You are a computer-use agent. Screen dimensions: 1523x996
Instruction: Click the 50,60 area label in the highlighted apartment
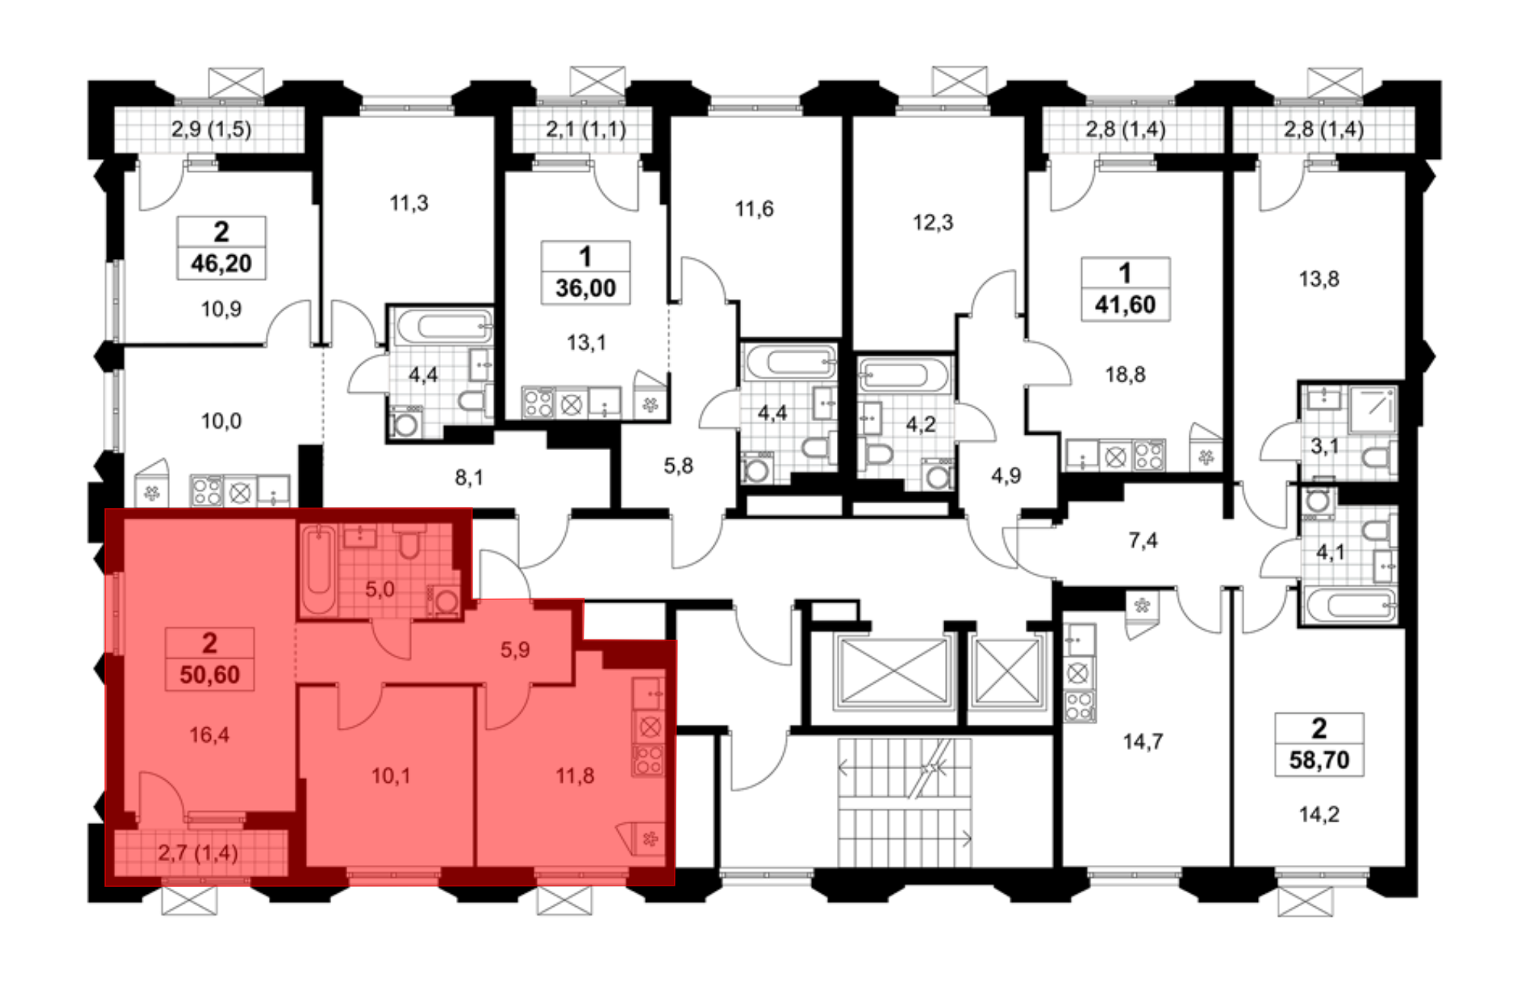(x=209, y=675)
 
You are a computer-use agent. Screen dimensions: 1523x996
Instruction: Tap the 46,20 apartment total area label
(x=221, y=263)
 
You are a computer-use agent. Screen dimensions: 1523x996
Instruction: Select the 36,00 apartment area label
(x=585, y=288)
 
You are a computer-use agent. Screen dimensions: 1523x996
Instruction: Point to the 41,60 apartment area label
(x=1125, y=305)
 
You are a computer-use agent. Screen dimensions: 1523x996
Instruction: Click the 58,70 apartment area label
(x=1319, y=760)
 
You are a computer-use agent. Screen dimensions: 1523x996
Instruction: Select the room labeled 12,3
(x=933, y=222)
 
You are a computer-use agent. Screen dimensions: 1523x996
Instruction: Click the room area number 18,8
(x=1125, y=375)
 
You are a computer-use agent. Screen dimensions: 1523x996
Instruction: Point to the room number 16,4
(x=209, y=735)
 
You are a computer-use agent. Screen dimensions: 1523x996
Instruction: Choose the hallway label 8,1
(x=469, y=477)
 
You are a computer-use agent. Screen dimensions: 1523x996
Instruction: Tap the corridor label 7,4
(x=1143, y=541)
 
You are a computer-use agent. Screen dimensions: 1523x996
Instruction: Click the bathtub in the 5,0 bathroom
(x=318, y=571)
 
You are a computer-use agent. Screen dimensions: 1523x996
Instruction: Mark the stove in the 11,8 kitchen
(x=649, y=759)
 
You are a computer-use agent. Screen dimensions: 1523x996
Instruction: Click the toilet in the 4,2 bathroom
(x=879, y=455)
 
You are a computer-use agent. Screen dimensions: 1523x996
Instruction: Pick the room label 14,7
(x=1143, y=741)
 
